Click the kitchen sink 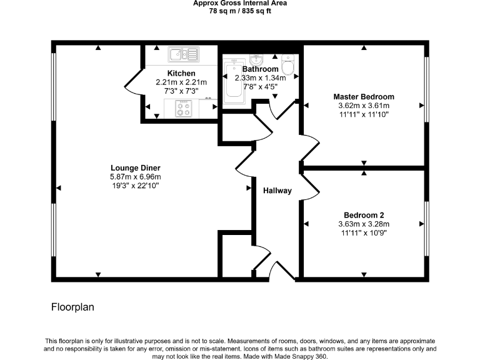coord(182,55)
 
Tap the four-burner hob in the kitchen coord(184,109)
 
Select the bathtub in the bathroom coord(233,81)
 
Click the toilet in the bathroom coord(288,64)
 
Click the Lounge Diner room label coord(136,168)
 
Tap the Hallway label coord(277,191)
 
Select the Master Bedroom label coord(364,97)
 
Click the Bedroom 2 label coord(363,214)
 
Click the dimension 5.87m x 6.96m coord(136,177)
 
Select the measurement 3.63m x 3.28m coord(363,224)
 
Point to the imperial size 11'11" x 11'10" coord(364,114)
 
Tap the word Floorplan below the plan coord(72,307)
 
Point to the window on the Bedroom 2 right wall coord(427,228)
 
